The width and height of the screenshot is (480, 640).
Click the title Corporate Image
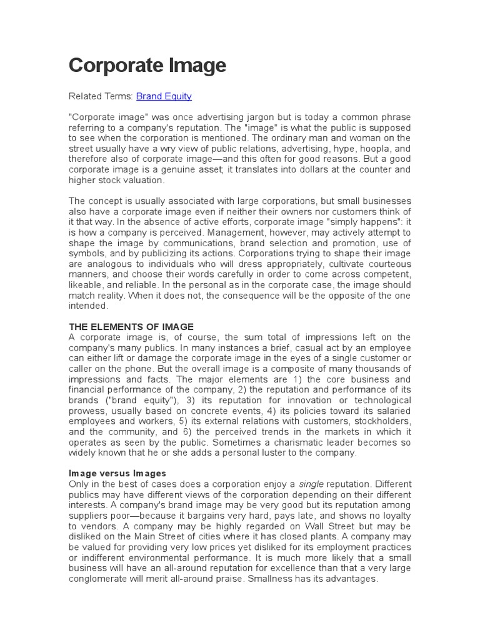click(x=147, y=65)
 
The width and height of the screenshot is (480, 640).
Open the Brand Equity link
click(x=164, y=96)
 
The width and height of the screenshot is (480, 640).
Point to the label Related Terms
click(x=101, y=96)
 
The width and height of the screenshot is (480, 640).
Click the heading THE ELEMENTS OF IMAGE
click(x=131, y=327)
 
